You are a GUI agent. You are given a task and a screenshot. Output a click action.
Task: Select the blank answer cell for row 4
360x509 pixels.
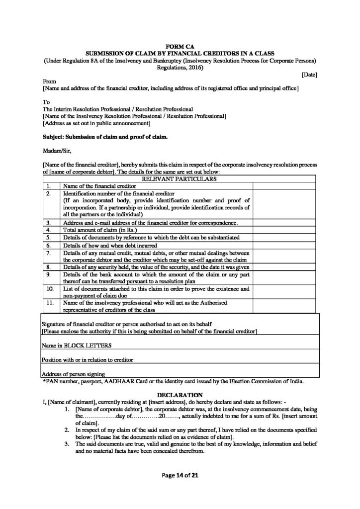click(285, 230)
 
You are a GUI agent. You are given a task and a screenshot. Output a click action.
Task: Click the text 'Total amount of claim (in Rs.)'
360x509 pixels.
click(100, 230)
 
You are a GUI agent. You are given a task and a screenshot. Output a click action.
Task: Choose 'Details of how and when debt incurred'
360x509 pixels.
click(110, 245)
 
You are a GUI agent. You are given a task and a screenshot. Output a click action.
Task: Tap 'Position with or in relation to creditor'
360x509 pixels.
click(88, 359)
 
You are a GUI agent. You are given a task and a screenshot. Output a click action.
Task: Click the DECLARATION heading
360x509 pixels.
click(180, 394)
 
